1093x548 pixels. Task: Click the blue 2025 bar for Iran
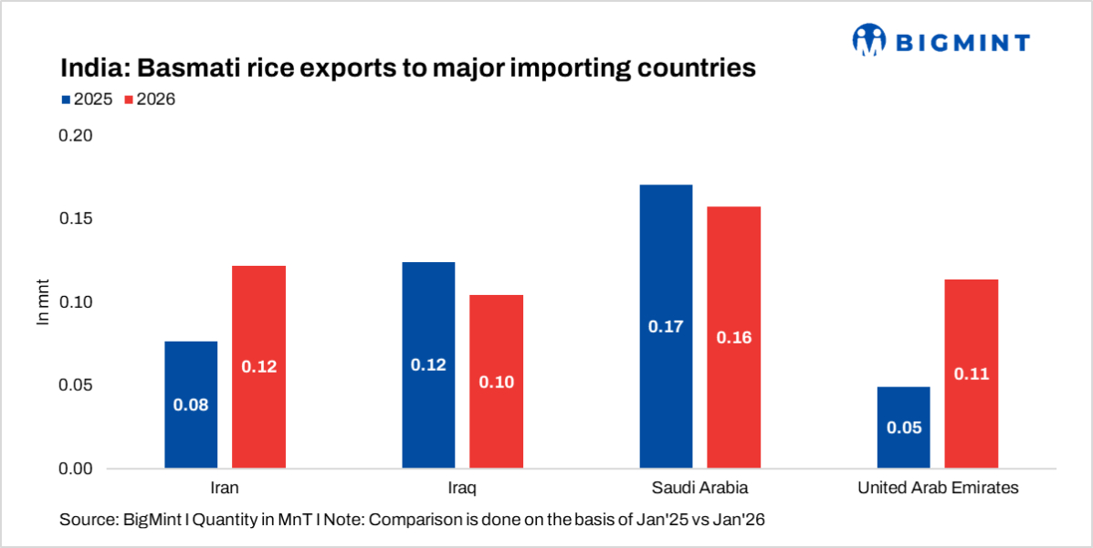click(191, 405)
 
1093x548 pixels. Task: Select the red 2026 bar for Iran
click(258, 367)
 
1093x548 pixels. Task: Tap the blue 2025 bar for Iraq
click(428, 365)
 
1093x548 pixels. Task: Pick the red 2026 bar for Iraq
click(496, 382)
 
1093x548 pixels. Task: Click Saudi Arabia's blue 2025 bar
click(666, 326)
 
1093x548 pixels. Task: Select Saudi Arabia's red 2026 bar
click(733, 337)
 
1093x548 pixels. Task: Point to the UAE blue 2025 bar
click(903, 427)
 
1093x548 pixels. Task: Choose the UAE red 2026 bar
click(971, 374)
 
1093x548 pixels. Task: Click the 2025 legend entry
click(88, 100)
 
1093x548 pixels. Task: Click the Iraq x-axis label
click(462, 488)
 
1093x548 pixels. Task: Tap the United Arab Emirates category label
click(938, 488)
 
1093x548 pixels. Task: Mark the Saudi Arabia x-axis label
click(699, 488)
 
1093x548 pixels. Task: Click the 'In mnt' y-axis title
click(42, 301)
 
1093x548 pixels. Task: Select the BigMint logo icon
click(868, 39)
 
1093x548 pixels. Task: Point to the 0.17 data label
click(666, 326)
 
